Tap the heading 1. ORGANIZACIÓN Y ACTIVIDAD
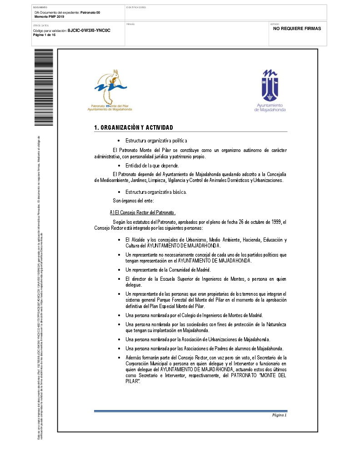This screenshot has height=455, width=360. [133, 127]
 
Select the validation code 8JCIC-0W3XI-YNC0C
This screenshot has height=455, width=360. [89, 30]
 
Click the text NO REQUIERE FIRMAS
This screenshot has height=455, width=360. [297, 28]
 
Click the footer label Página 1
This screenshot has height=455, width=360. [279, 415]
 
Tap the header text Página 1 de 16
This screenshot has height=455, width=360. [45, 35]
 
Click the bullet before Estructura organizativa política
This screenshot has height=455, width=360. [119, 141]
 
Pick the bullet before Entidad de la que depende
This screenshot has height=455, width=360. [119, 166]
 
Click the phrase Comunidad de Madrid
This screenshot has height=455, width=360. [190, 270]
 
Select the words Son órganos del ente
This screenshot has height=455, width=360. [134, 201]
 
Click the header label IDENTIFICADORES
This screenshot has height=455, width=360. [136, 8]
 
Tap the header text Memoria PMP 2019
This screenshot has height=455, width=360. [50, 16]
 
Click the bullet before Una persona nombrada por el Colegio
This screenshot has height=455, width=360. [119, 315]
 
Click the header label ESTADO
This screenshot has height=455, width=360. [275, 24]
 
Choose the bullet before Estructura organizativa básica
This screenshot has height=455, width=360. [119, 192]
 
